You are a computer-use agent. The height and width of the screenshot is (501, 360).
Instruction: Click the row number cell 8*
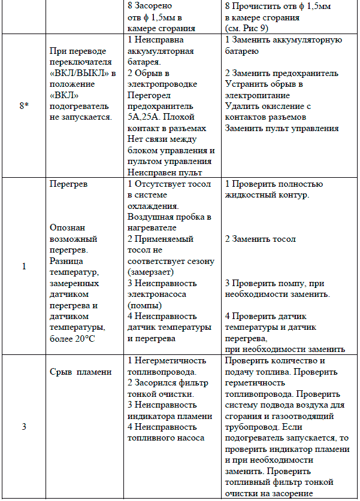pyautogui.click(x=24, y=105)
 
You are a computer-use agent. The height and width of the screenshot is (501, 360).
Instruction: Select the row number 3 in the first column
pyautogui.click(x=24, y=426)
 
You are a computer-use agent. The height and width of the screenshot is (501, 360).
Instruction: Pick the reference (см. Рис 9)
pyautogui.click(x=250, y=28)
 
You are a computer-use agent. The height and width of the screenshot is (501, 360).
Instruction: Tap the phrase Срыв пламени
pyautogui.click(x=80, y=372)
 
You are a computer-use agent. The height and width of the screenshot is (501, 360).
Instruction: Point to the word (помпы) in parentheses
pyautogui.click(x=145, y=305)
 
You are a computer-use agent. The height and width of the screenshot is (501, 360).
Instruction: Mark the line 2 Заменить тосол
pyautogui.click(x=261, y=239)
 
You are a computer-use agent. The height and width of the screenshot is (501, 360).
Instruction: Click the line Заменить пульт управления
pyautogui.click(x=282, y=127)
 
